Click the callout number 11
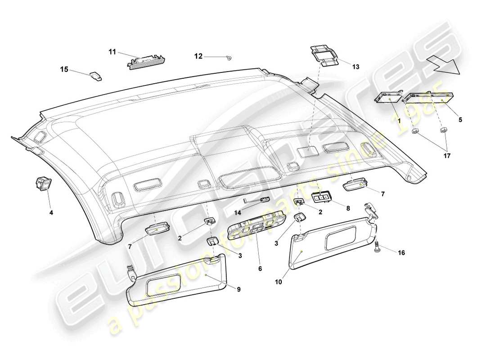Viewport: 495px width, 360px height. pos(112,52)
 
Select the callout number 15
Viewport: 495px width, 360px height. pos(64,69)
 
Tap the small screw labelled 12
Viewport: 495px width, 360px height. pos(229,57)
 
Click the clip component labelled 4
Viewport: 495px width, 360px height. pos(43,184)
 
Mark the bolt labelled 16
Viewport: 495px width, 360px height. pos(377,246)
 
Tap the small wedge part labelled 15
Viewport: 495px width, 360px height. pos(96,76)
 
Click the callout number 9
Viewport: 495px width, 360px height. pos(239,289)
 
